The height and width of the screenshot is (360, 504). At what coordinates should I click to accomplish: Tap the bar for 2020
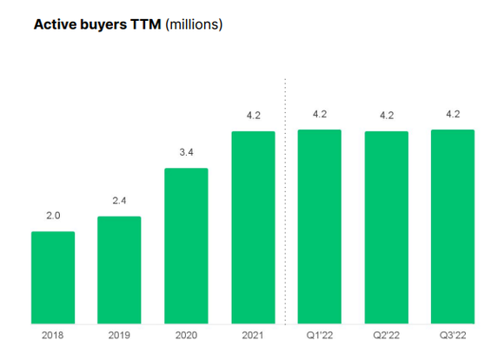pos(186,245)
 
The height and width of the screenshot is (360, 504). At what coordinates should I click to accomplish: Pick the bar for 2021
pos(253,227)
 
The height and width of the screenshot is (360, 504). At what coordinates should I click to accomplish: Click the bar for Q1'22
pos(319,226)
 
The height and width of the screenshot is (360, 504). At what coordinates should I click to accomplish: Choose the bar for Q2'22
pos(386,227)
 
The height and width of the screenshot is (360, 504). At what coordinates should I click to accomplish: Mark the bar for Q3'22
pos(453,226)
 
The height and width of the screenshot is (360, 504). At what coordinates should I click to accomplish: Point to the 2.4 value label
pos(119,202)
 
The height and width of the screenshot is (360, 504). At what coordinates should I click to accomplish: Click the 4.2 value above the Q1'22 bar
pos(319,114)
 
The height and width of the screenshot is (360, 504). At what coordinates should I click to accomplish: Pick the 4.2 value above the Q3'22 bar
pos(453,114)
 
